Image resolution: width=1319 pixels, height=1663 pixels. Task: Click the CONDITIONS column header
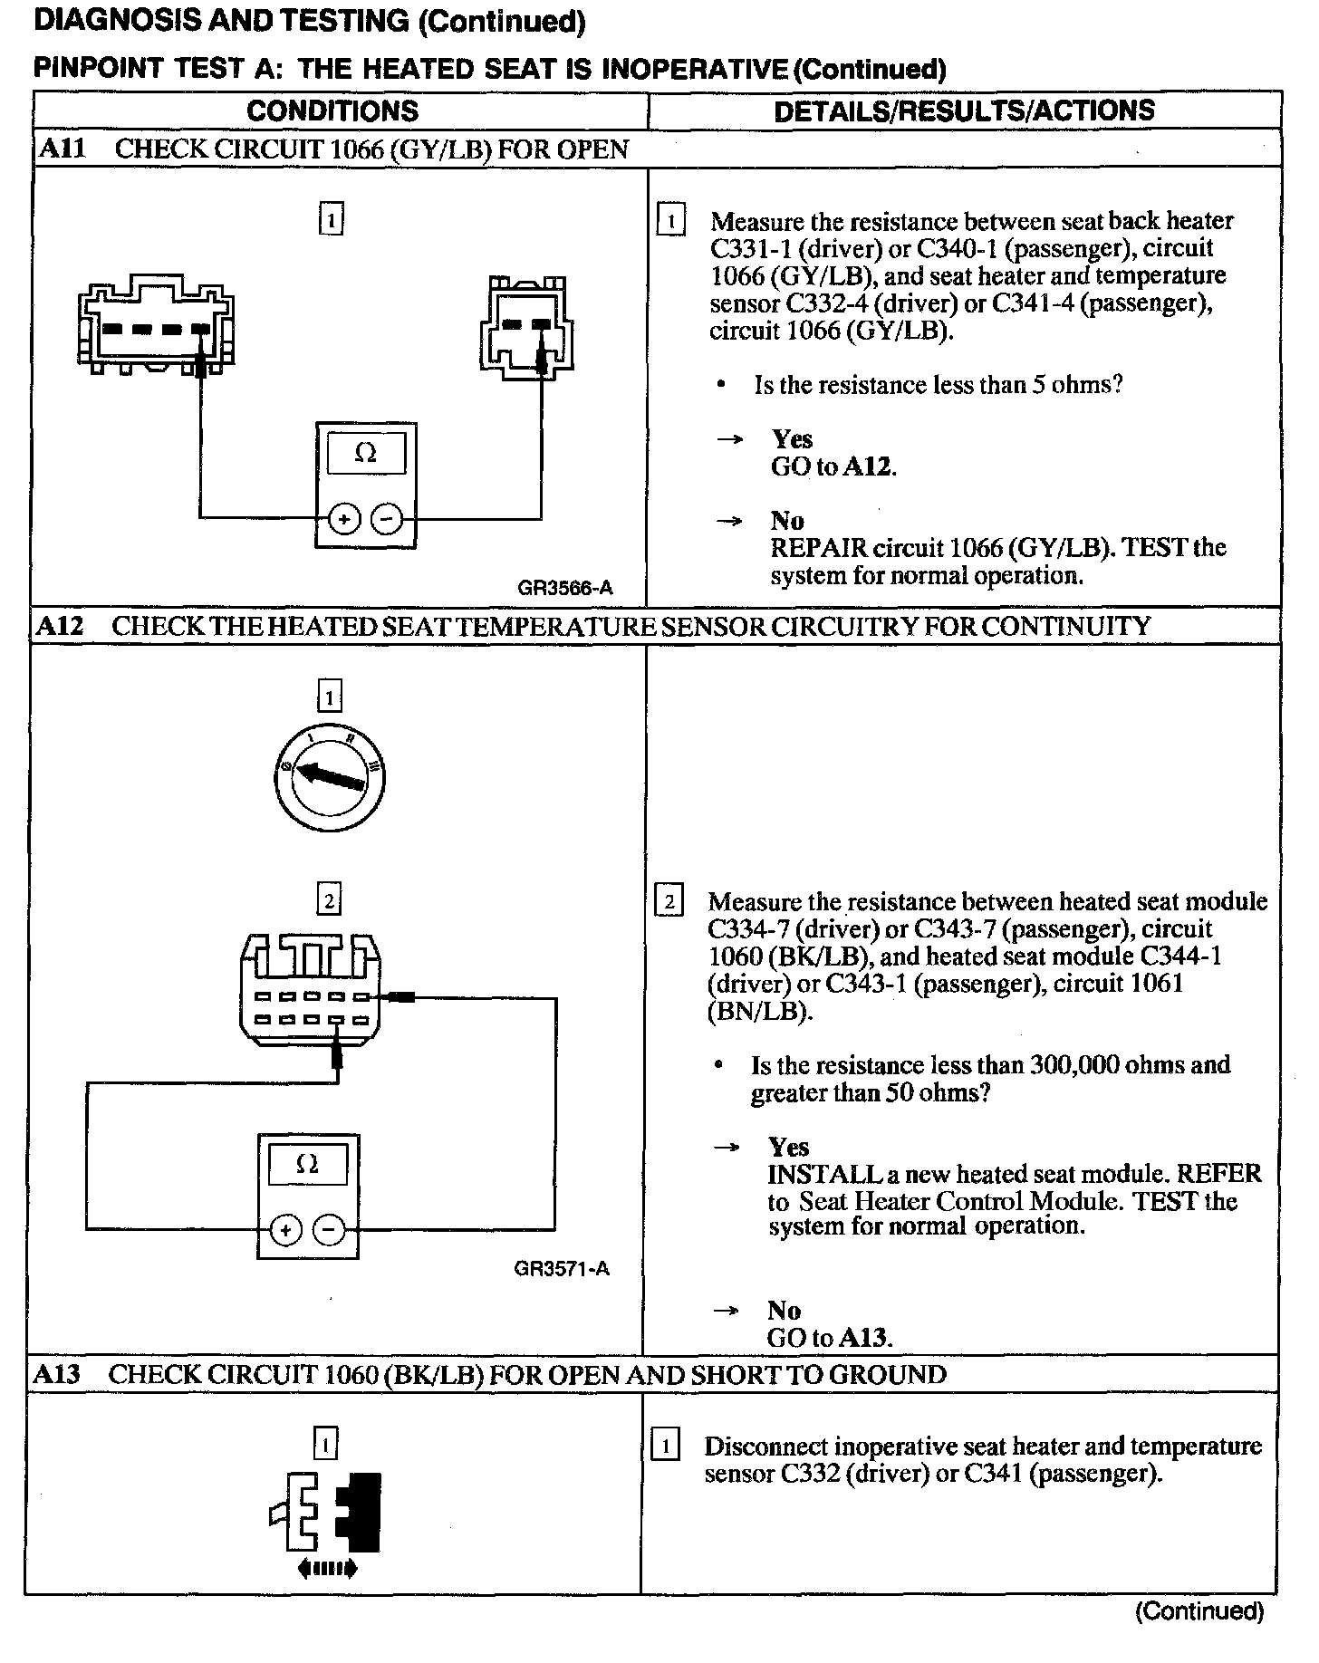[332, 111]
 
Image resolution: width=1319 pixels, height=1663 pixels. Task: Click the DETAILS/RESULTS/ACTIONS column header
[964, 111]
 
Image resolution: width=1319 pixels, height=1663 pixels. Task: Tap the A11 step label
[62, 149]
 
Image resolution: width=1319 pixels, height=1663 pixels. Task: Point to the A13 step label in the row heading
[57, 1374]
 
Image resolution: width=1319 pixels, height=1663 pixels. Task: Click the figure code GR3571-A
[562, 1268]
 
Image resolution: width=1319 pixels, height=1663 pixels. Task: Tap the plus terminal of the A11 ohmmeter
[344, 519]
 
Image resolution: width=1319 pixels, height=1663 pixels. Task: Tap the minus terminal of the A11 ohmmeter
[387, 519]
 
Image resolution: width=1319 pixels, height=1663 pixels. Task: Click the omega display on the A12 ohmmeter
[307, 1164]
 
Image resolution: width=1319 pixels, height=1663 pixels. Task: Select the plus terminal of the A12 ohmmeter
[285, 1229]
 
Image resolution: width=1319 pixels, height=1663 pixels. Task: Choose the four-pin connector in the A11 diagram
[156, 325]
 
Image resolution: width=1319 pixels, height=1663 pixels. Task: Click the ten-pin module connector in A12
[310, 995]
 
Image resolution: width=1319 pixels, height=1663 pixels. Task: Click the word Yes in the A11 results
[792, 439]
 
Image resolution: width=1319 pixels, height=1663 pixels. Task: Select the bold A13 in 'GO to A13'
[865, 1338]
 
